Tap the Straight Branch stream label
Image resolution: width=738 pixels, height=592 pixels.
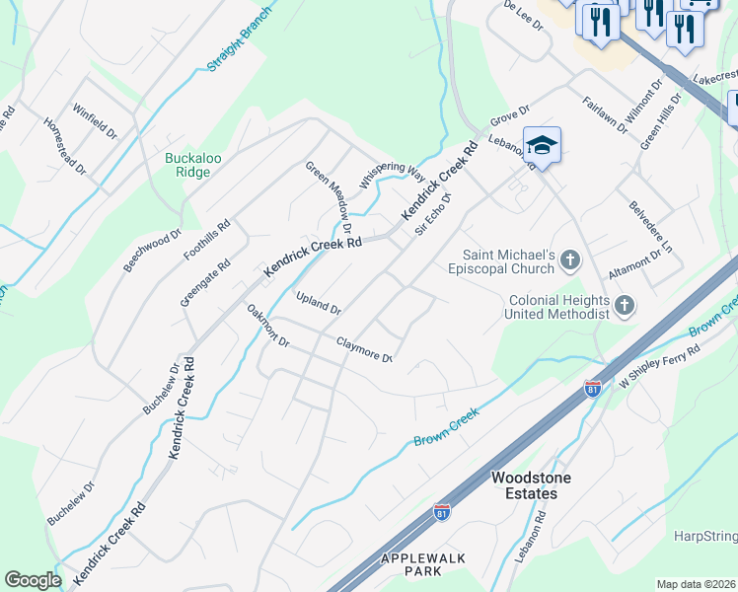point(240,40)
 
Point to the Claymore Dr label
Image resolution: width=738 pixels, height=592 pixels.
point(365,349)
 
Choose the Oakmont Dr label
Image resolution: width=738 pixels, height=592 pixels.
point(267,326)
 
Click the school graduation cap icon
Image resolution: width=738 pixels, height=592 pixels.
point(542,146)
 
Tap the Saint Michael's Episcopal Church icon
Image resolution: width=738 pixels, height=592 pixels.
point(569,260)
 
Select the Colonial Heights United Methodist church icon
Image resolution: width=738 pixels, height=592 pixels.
point(623,306)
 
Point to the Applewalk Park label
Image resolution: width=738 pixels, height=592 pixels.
point(424,564)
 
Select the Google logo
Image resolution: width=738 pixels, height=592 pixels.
point(33,580)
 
